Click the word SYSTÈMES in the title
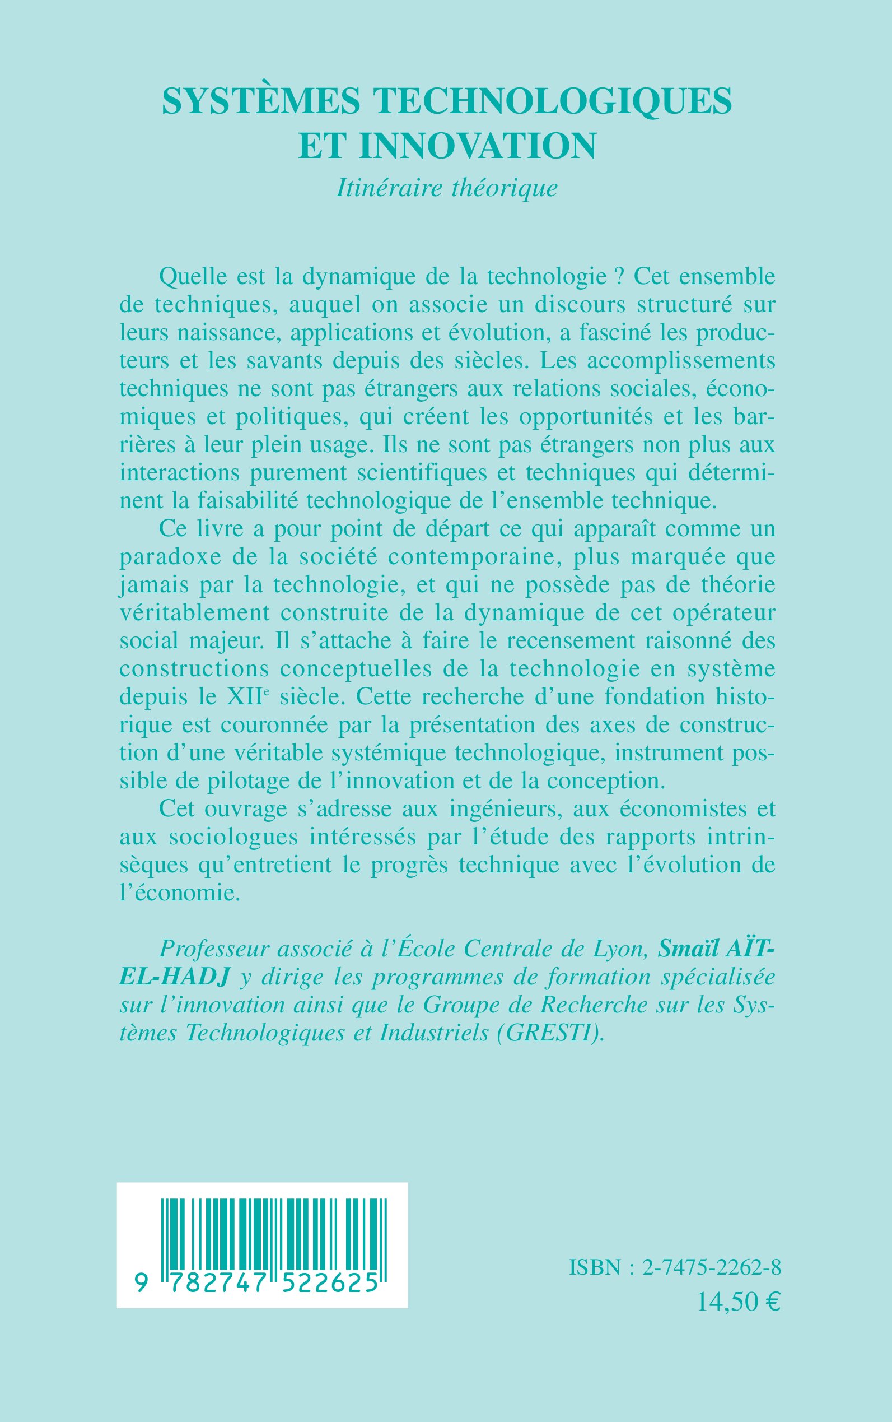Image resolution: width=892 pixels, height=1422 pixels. [x=261, y=100]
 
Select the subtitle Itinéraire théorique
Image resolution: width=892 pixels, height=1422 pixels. [x=447, y=188]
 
